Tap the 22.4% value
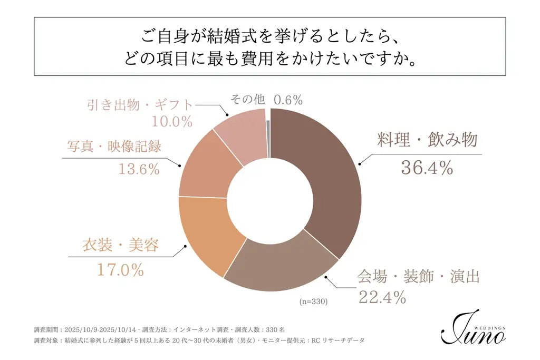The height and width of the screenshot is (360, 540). [x=382, y=297]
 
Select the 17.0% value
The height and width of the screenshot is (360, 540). [x=120, y=270]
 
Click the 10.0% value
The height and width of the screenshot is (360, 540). [x=172, y=122]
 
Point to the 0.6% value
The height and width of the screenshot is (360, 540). [x=288, y=100]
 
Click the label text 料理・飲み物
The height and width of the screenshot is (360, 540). [x=427, y=140]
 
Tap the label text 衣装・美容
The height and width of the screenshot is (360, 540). [x=120, y=245]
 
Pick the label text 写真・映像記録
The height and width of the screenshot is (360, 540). [x=114, y=146]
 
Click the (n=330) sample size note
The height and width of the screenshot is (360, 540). [x=314, y=302]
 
